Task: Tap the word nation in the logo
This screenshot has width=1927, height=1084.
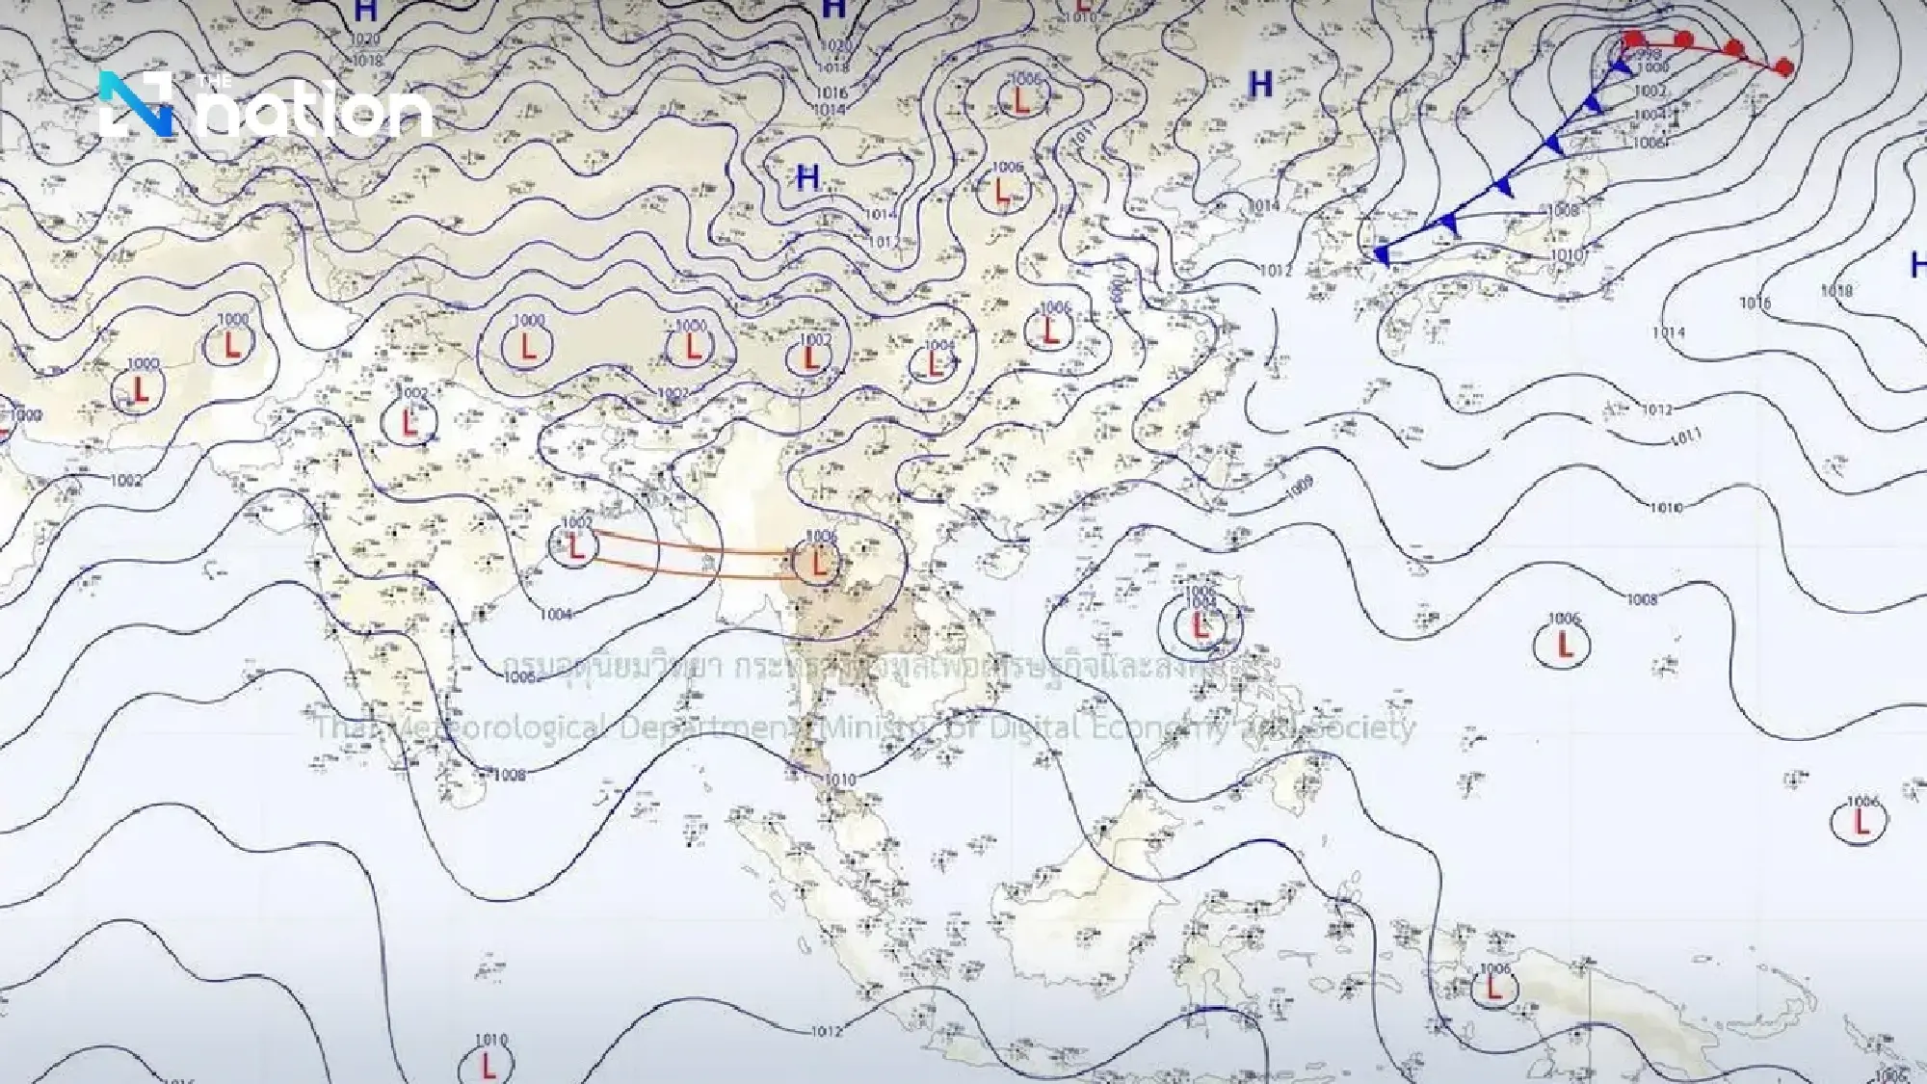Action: pyautogui.click(x=318, y=113)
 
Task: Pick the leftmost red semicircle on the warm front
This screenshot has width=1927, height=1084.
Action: pyautogui.click(x=1633, y=40)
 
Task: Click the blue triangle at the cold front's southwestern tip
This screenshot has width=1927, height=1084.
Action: pyautogui.click(x=1383, y=255)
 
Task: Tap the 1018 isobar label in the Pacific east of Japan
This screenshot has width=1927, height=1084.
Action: pyautogui.click(x=1836, y=291)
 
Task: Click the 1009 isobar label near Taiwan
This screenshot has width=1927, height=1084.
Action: pyautogui.click(x=1299, y=485)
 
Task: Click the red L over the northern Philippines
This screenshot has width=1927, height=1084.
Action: pyautogui.click(x=1200, y=626)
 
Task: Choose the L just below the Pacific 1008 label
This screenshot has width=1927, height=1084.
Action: pyautogui.click(x=1564, y=643)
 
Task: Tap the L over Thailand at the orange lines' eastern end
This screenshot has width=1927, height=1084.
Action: pyautogui.click(x=819, y=562)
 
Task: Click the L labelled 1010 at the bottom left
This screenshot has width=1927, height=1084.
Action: pyautogui.click(x=489, y=1065)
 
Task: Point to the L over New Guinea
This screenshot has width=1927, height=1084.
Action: pyautogui.click(x=1493, y=988)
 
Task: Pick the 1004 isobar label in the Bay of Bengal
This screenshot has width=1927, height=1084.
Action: pyautogui.click(x=556, y=615)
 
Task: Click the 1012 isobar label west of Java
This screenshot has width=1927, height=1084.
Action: pyautogui.click(x=827, y=1031)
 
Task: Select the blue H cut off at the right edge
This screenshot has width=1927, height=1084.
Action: pyautogui.click(x=1918, y=263)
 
